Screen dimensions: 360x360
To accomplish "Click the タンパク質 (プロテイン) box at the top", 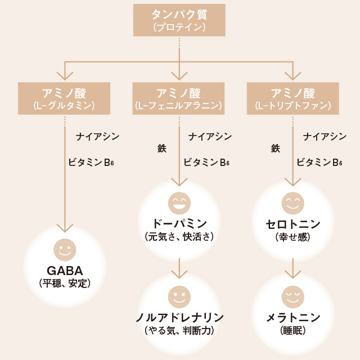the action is coord(179,20).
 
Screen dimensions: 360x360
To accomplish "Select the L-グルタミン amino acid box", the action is coord(64,98).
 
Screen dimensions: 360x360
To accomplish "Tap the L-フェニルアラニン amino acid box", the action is coord(178,98).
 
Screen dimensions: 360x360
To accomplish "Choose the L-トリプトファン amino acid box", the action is coord(292,98).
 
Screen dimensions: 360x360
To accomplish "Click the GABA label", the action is coord(65,271).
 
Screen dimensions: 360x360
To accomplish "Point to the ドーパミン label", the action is coord(179,224).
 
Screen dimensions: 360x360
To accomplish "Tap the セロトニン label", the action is coord(293,224).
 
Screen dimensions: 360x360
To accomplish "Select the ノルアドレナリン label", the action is coord(179,317).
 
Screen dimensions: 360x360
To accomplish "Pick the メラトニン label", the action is coord(293,317).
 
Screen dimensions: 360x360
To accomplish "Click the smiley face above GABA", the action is coord(65,250).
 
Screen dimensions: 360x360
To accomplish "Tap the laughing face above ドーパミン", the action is coord(179,204).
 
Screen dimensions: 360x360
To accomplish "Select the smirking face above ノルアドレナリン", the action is coord(179,297).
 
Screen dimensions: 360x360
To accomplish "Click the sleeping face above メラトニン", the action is coord(293,297).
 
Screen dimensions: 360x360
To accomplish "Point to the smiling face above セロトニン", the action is coord(293,204).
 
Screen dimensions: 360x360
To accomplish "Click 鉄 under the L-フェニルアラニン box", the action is coord(162,148).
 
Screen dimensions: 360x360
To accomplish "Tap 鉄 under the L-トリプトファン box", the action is coord(276,148).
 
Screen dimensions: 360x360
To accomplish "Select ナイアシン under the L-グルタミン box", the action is coord(97,137).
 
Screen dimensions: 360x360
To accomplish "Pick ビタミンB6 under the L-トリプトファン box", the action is coord(319,163).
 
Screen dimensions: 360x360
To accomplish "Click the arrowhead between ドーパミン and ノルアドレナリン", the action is coord(179,274).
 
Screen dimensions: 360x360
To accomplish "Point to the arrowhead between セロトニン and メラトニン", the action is coord(293,274).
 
